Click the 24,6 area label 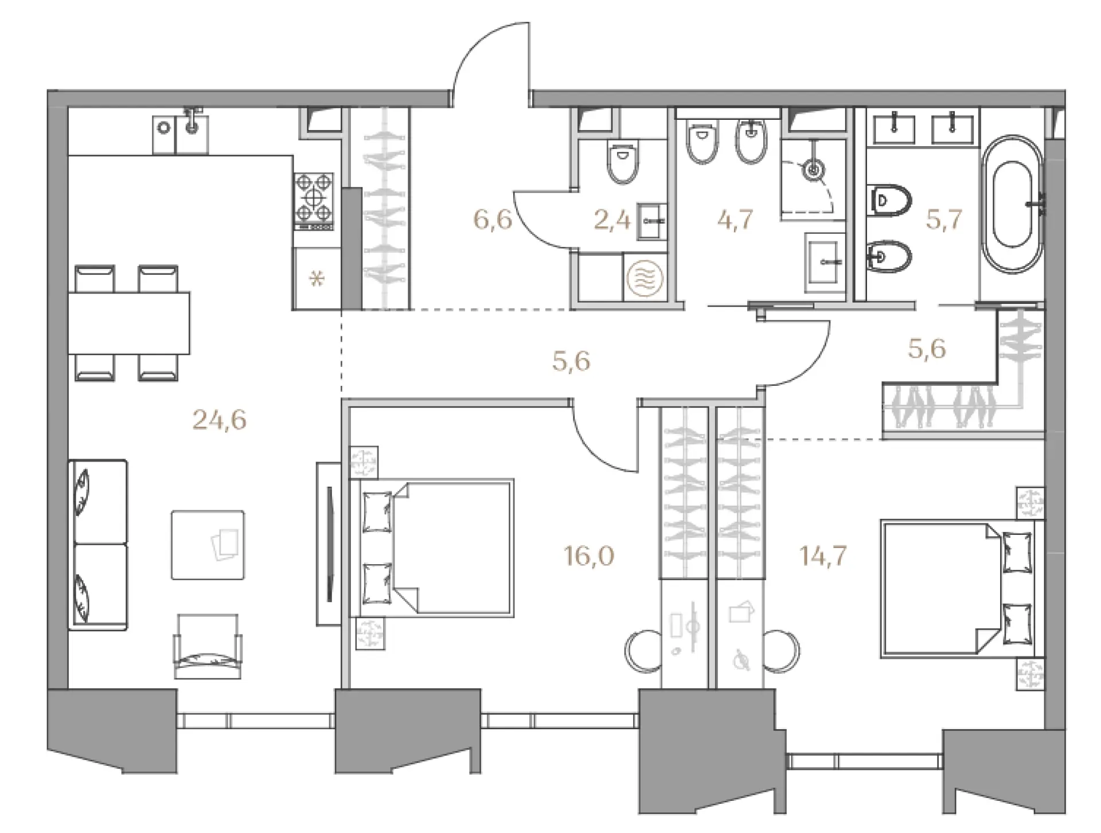219,420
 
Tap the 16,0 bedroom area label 589,556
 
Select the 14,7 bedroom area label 823,556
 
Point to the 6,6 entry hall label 493,219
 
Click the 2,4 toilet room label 612,220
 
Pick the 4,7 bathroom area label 735,220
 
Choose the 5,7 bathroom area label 944,219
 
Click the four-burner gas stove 314,201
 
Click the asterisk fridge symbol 317,280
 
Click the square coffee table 208,545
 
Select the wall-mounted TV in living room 329,543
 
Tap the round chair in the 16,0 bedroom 643,651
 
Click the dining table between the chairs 129,323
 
